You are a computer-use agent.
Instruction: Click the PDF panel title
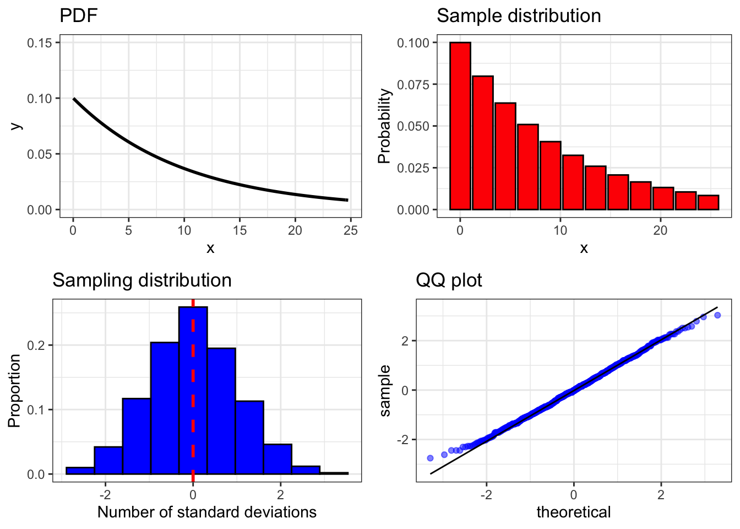coord(78,15)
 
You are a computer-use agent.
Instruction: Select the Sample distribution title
coord(518,15)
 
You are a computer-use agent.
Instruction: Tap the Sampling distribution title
coord(142,280)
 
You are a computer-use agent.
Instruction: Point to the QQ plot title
coord(448,280)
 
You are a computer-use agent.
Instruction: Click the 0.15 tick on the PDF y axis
coord(43,43)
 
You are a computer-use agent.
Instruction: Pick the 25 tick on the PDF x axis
coord(351,230)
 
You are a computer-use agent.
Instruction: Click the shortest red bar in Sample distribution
coord(708,203)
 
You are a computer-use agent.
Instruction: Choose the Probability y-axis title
coord(384,126)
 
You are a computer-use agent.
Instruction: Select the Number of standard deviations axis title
coord(206,512)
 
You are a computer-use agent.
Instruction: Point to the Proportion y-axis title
coord(14,390)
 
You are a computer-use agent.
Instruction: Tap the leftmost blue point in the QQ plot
coord(430,458)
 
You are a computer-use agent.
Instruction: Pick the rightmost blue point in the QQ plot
coord(717,315)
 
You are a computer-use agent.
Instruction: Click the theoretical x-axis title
coord(573,512)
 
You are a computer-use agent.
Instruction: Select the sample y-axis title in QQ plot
coord(385,390)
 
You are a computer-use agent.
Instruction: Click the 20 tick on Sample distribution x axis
coord(660,230)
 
